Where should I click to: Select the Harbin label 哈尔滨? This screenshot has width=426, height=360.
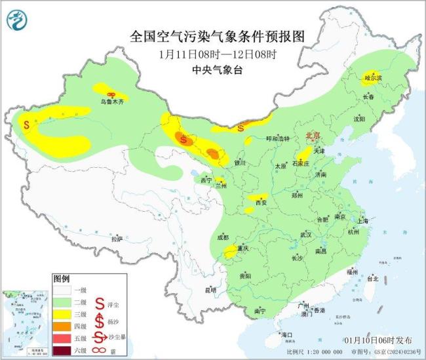point(372,77)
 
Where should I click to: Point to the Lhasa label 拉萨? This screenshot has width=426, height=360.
point(117,239)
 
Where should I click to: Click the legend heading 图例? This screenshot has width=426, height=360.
point(61,278)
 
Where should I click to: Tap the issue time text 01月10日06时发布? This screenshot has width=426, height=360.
point(378,340)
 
